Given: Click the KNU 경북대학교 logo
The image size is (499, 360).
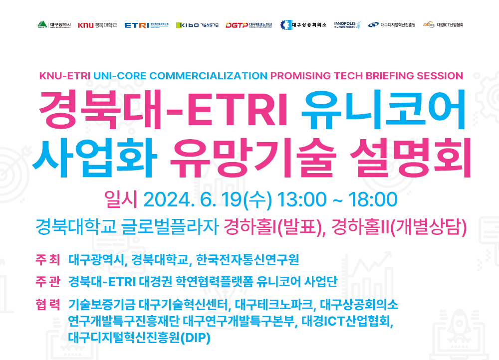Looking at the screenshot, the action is pyautogui.click(x=97, y=25).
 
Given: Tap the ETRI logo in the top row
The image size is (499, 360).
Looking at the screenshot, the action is pyautogui.click(x=146, y=25).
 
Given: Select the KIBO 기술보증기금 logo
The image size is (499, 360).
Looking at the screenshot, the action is pyautogui.click(x=197, y=25).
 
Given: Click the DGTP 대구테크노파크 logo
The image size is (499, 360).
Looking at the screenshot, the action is pyautogui.click(x=249, y=25).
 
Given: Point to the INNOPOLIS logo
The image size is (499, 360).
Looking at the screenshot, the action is pyautogui.click(x=347, y=25).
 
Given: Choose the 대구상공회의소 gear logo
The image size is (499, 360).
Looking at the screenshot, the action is pyautogui.click(x=303, y=25).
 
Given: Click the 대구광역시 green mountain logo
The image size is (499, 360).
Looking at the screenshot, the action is pyautogui.click(x=54, y=25).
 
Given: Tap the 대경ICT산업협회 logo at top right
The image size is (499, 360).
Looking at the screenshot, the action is pyautogui.click(x=443, y=25).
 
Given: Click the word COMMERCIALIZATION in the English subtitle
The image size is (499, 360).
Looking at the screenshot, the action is pyautogui.click(x=209, y=76).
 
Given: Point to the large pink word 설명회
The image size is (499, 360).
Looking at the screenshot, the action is pyautogui.click(x=411, y=158).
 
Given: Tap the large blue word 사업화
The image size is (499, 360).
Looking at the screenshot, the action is pyautogui.click(x=95, y=158).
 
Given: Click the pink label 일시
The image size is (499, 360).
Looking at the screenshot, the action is pyautogui.click(x=121, y=199).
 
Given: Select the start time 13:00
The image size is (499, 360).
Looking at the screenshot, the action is pyautogui.click(x=302, y=200).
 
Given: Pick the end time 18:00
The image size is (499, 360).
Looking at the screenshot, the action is pyautogui.click(x=373, y=200).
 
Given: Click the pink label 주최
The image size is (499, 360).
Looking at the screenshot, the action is pyautogui.click(x=48, y=259).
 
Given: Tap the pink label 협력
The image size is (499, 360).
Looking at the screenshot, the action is pyautogui.click(x=48, y=304).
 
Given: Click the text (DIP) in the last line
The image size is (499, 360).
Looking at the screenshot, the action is pyautogui.click(x=196, y=338).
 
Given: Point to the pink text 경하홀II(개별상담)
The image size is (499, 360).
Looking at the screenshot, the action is pyautogui.click(x=399, y=227).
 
